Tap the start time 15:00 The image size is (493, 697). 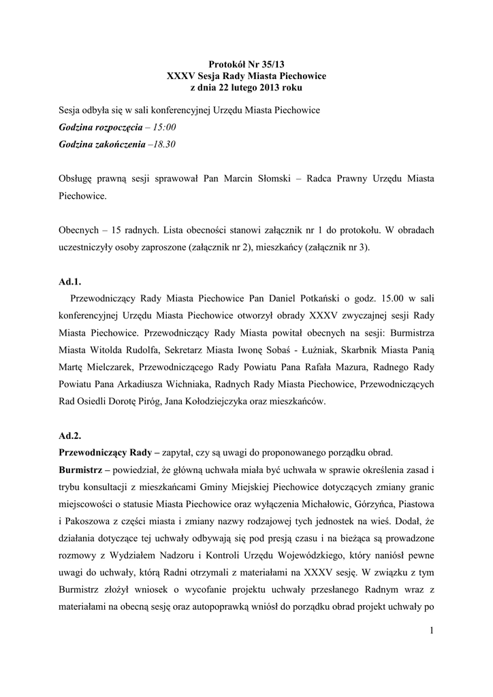click(x=164, y=127)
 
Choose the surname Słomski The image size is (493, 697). click(x=273, y=178)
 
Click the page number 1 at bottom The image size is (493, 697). click(x=431, y=631)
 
